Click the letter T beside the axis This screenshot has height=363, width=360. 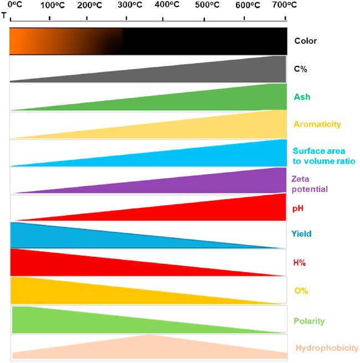pos(4,15)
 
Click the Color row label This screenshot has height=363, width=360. pos(305,41)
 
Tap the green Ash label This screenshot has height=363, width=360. pos(302,97)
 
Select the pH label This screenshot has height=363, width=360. pos(299,209)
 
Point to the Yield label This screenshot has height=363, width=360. pos(301,234)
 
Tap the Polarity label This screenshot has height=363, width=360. pos(309,321)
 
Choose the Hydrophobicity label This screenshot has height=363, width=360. pos(327,348)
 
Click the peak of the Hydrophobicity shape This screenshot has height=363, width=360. pos(149,335)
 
